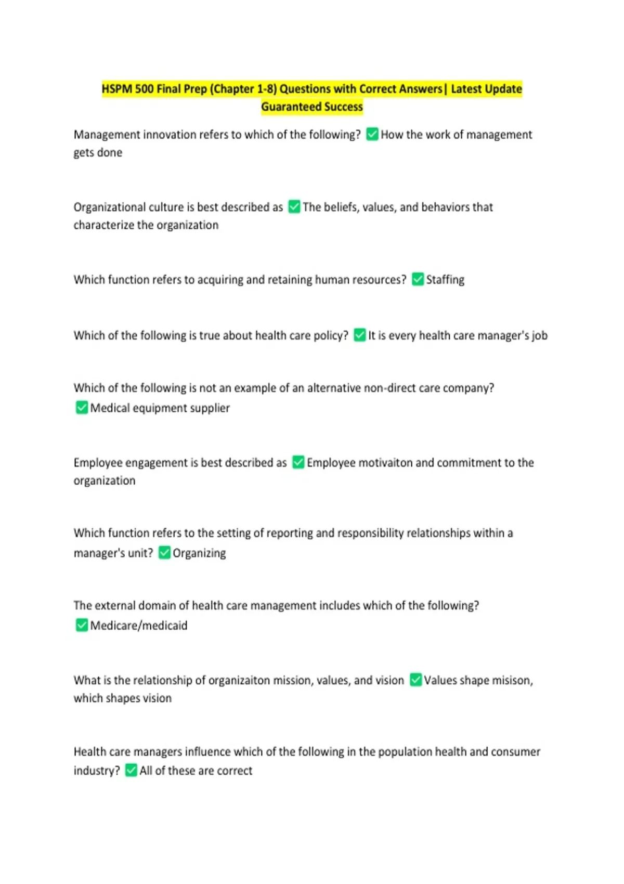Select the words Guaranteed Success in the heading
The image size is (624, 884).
312,107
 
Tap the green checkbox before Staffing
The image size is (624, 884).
418,279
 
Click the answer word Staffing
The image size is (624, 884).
446,280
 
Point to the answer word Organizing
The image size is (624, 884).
199,553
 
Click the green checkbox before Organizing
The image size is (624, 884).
164,552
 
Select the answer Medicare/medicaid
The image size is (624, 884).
139,626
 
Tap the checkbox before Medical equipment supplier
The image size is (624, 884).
82,408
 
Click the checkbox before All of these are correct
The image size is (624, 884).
132,770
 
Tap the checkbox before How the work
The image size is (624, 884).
372,134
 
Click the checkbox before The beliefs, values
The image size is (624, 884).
294,207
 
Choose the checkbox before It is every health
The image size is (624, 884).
360,335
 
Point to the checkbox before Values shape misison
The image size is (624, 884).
415,680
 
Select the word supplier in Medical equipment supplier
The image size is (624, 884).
211,408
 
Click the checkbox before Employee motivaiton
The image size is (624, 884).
298,462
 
